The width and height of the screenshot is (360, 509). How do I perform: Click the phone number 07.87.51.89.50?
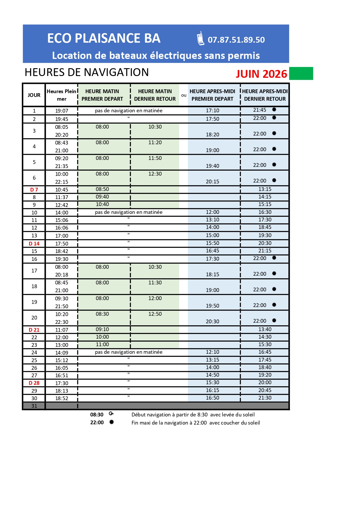pyautogui.click(x=236, y=40)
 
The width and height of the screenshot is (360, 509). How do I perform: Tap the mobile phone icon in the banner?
pyautogui.click(x=201, y=39)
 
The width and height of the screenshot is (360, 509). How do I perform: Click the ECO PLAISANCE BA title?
pyautogui.click(x=104, y=38)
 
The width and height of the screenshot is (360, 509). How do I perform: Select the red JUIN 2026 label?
pyautogui.click(x=261, y=74)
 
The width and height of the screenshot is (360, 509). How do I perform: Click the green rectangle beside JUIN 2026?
pyautogui.click(x=301, y=73)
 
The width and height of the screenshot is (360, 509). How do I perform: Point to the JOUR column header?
pyautogui.click(x=34, y=95)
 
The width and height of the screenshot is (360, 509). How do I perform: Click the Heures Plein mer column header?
pyautogui.click(x=62, y=95)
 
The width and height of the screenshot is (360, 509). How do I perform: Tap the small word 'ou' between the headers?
pyautogui.click(x=184, y=95)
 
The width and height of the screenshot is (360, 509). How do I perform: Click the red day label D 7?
pyautogui.click(x=34, y=190)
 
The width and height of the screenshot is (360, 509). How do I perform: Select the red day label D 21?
pyautogui.click(x=34, y=330)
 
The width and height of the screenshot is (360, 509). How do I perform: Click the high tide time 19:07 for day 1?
pyautogui.click(x=62, y=111)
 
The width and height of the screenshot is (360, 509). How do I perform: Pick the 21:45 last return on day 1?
pyautogui.click(x=260, y=110)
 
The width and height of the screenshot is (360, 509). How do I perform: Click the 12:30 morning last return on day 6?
pyautogui.click(x=155, y=174)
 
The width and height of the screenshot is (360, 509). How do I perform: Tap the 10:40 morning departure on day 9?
pyautogui.click(x=102, y=204)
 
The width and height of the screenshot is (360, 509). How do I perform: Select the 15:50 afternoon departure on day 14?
pyautogui.click(x=213, y=243)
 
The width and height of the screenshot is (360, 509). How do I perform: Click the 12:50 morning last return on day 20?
pyautogui.click(x=155, y=314)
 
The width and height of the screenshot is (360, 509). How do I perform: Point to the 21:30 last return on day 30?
pyautogui.click(x=265, y=398)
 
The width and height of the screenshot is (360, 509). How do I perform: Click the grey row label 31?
pyautogui.click(x=34, y=406)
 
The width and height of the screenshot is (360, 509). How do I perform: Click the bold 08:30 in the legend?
pyautogui.click(x=97, y=415)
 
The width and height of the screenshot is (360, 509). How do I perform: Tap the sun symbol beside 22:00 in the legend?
pyautogui.click(x=111, y=422)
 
